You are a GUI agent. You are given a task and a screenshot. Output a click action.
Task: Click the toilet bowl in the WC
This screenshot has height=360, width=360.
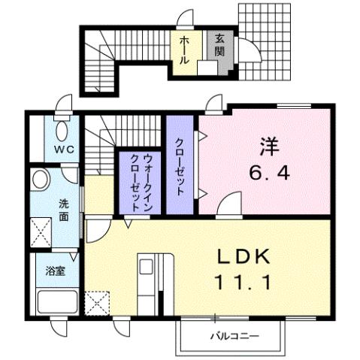pyautogui.click(x=60, y=124)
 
